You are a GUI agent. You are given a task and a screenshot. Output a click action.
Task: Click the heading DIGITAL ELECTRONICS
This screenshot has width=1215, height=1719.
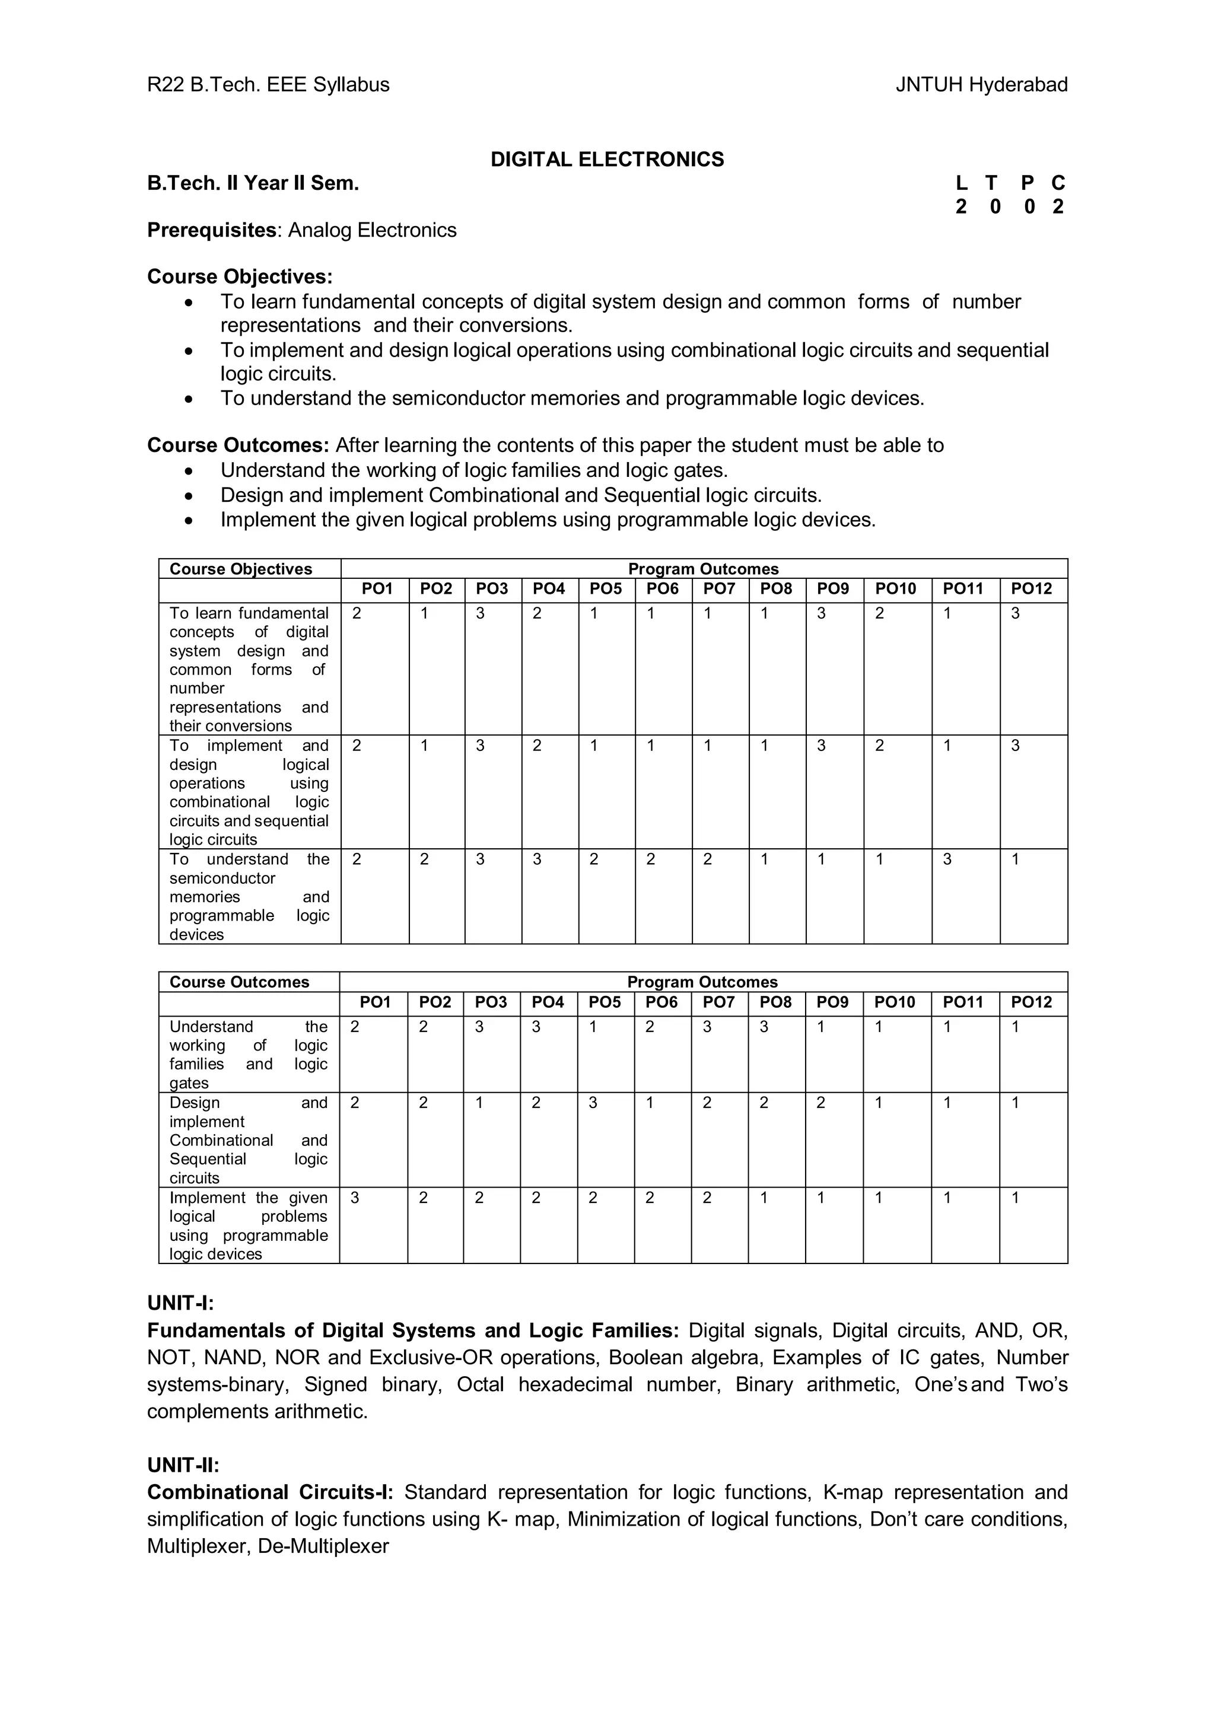point(606,160)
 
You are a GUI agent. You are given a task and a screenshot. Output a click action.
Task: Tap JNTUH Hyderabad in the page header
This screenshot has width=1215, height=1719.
point(981,85)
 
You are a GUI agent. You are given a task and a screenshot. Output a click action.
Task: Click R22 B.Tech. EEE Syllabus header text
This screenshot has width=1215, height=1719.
point(268,85)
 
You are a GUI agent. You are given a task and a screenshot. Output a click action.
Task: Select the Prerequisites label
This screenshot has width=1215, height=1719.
point(212,230)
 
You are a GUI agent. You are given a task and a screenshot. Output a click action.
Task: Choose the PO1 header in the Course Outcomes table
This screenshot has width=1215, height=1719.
point(375,1002)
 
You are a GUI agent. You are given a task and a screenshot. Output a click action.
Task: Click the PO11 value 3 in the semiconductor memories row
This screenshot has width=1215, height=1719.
point(947,859)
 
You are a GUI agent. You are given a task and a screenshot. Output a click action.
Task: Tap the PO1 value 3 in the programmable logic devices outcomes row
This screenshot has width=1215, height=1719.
point(355,1198)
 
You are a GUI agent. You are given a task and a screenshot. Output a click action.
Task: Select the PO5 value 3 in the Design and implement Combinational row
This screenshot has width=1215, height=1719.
point(593,1103)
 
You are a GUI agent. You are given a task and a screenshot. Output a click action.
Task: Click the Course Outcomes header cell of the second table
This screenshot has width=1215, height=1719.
point(239,982)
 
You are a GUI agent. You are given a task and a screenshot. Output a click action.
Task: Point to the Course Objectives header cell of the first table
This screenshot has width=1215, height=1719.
point(240,568)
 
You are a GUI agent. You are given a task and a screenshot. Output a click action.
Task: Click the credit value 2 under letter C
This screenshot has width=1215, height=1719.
point(1057,208)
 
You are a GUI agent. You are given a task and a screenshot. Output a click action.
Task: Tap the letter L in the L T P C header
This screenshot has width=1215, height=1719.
point(961,183)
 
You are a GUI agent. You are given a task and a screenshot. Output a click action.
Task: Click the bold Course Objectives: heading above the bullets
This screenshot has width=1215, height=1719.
point(240,277)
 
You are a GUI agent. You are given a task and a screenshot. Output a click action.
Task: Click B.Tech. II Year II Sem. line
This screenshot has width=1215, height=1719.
point(253,183)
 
